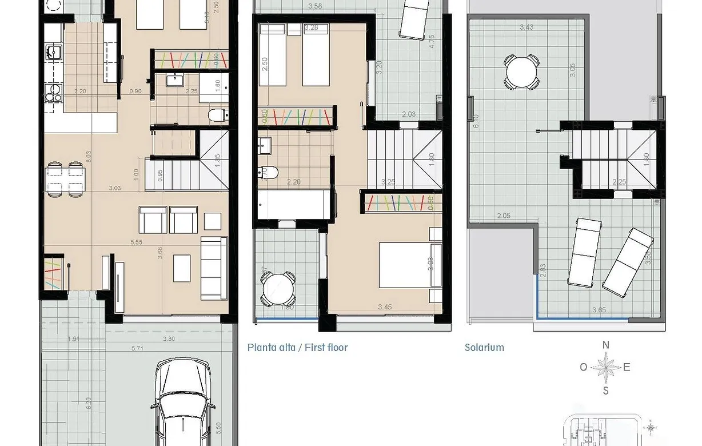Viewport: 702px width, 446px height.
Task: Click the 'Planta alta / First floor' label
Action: [x=297, y=348]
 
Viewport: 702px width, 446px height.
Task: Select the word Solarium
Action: [x=484, y=348]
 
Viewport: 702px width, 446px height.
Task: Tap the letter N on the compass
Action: [x=606, y=345]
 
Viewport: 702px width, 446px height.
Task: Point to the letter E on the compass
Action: [x=627, y=368]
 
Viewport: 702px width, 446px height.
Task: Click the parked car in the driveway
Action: [x=184, y=403]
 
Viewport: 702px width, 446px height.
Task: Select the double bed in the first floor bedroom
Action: [x=410, y=265]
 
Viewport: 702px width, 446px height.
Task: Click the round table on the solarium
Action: [x=521, y=71]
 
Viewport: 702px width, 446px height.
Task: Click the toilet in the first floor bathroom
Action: [x=268, y=172]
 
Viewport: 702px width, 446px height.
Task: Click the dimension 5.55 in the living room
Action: [x=136, y=242]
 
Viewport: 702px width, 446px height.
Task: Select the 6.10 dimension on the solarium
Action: [x=476, y=121]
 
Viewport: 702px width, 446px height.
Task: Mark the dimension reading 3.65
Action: [x=599, y=310]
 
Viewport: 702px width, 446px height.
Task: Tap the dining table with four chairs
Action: [x=65, y=178]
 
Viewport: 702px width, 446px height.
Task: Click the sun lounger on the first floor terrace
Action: [x=414, y=18]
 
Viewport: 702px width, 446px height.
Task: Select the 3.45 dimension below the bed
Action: [x=385, y=307]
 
